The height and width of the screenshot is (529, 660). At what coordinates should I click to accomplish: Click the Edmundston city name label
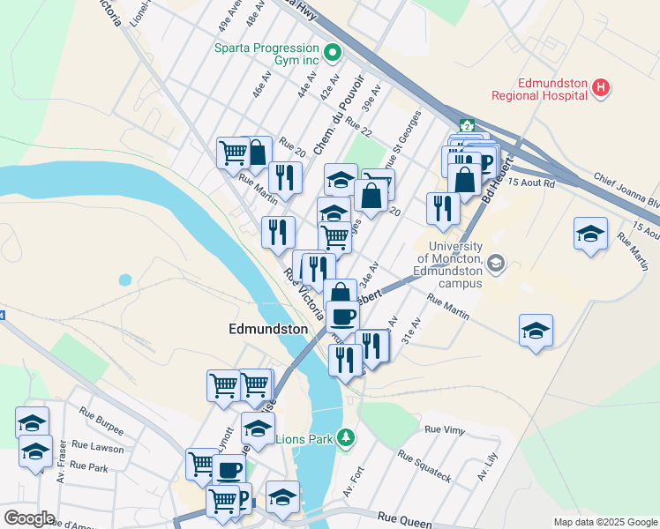(268, 329)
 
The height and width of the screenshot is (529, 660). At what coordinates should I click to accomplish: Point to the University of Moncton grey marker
(496, 263)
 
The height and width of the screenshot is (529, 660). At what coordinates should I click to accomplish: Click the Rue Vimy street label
(444, 429)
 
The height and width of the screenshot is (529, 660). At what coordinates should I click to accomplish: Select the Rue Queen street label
(404, 520)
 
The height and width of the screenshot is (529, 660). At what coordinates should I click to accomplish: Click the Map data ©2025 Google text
(604, 522)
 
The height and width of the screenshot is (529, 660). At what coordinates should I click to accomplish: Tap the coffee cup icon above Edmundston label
(342, 315)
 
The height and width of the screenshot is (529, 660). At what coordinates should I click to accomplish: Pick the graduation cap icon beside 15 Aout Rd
(590, 234)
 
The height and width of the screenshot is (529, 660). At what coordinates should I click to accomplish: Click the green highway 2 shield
(466, 125)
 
